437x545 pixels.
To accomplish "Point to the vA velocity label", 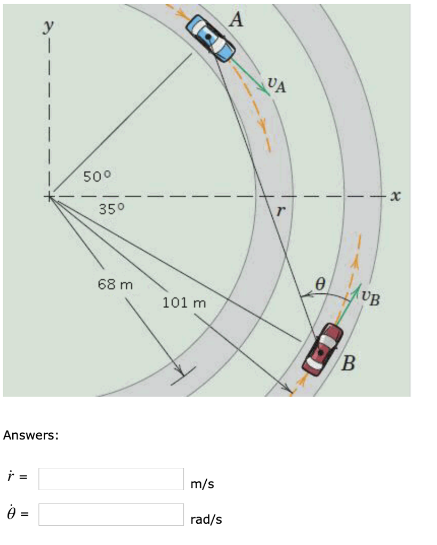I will tap(276, 84).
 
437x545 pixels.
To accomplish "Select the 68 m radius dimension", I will tap(115, 285).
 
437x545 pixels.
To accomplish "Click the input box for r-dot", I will tap(111, 479).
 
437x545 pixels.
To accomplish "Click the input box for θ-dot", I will tap(111, 515).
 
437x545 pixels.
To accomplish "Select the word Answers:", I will tap(30, 435).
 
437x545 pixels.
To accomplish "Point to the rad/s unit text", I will tap(206, 519).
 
